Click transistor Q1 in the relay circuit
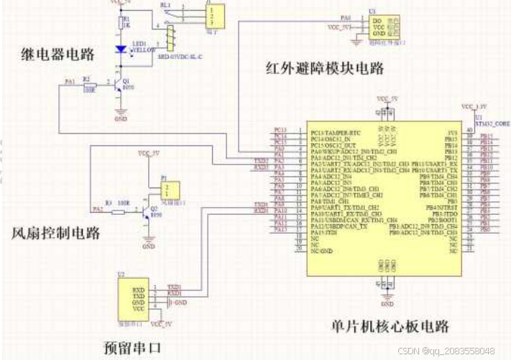click(x=119, y=87)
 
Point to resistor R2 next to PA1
click(x=87, y=86)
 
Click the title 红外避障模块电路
click(x=323, y=69)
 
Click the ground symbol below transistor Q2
click(x=148, y=240)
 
